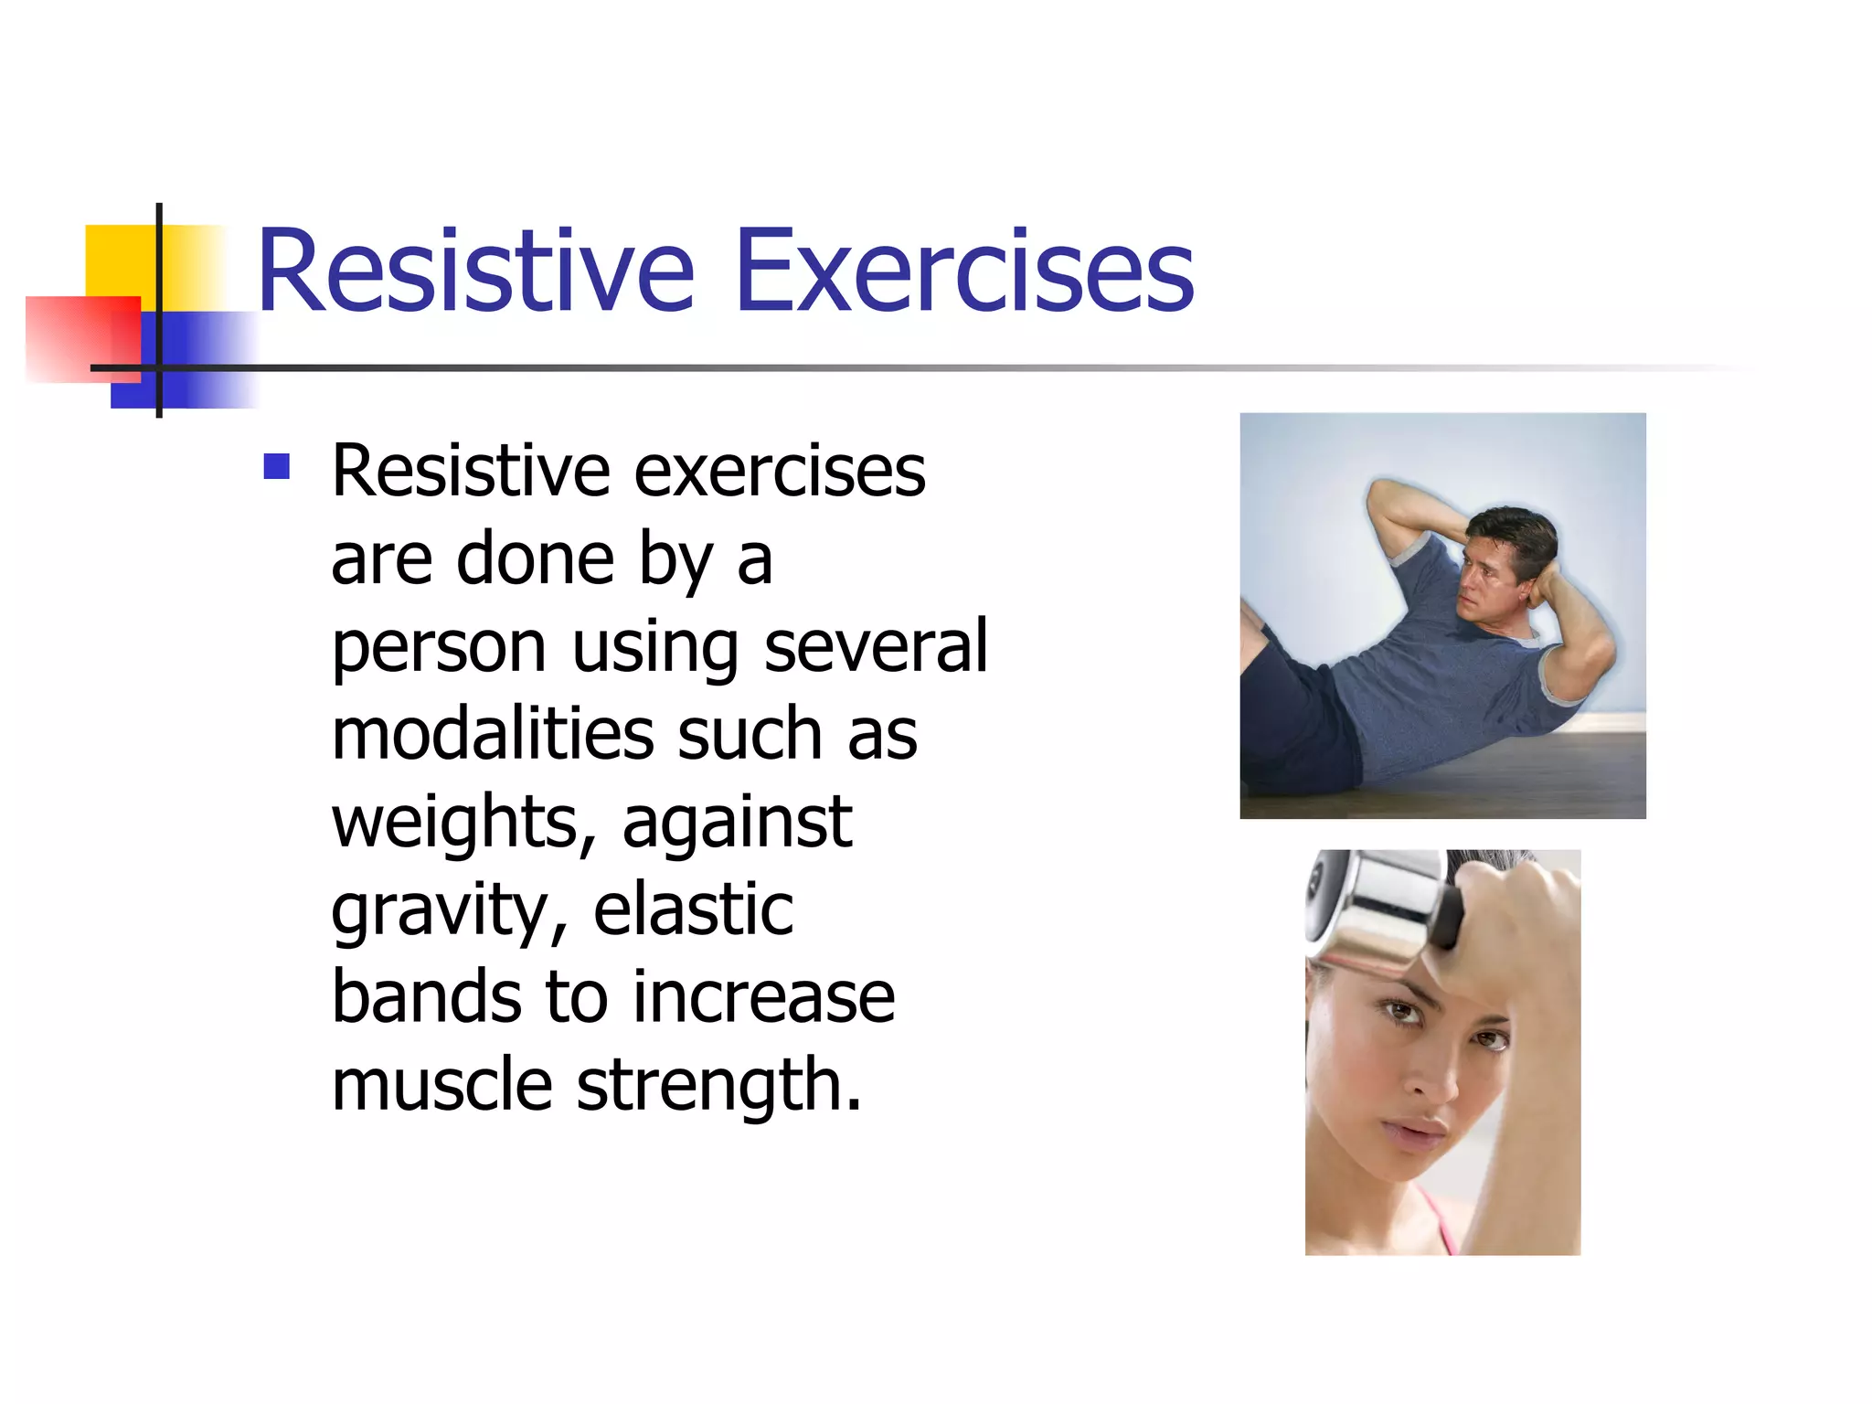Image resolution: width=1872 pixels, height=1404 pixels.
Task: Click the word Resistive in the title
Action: tap(475, 271)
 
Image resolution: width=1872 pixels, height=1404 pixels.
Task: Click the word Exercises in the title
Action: tap(964, 271)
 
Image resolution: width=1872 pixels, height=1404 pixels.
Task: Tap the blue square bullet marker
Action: tap(276, 467)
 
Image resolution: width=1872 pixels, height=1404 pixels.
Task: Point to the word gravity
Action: tap(448, 911)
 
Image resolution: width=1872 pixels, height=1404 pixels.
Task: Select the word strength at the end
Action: tap(718, 1086)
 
